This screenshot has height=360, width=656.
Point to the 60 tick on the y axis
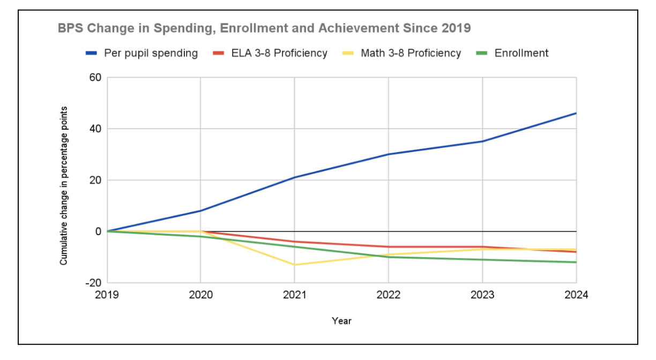[x=95, y=77]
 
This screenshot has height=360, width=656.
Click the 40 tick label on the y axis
[x=95, y=129]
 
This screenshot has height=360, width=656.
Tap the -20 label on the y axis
[x=93, y=283]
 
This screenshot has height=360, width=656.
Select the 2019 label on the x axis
[x=107, y=295]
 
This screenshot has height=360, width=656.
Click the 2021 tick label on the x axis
[x=294, y=295]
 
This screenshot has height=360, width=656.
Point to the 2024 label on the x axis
[x=576, y=295]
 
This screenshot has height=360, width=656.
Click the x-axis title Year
[x=341, y=321]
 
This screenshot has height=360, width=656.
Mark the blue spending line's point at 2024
[x=576, y=113]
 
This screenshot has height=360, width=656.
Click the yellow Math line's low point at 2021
[x=294, y=265]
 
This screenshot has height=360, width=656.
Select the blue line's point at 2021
[x=294, y=177]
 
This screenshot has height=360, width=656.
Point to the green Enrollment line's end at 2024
[x=576, y=262]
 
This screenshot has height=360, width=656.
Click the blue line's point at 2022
[x=388, y=154]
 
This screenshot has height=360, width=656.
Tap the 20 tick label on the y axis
[x=95, y=180]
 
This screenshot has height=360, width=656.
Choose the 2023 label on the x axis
[x=482, y=295]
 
